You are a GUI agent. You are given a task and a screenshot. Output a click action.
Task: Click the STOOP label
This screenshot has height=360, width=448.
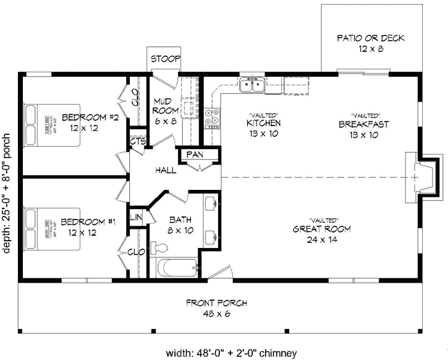(166, 59)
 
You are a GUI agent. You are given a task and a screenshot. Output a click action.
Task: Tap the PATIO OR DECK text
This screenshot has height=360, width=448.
(370, 38)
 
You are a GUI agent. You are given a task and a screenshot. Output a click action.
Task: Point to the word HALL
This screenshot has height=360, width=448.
(165, 169)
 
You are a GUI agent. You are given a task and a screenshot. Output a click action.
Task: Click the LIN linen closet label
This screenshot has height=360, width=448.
(136, 218)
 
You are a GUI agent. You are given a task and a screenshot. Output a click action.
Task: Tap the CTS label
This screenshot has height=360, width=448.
(137, 142)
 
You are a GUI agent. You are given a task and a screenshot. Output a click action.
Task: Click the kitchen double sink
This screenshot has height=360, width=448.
(254, 84)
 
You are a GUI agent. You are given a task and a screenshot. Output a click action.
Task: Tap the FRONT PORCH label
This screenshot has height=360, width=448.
(216, 303)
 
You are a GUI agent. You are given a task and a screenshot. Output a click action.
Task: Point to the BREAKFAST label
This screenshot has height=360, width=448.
(363, 124)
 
